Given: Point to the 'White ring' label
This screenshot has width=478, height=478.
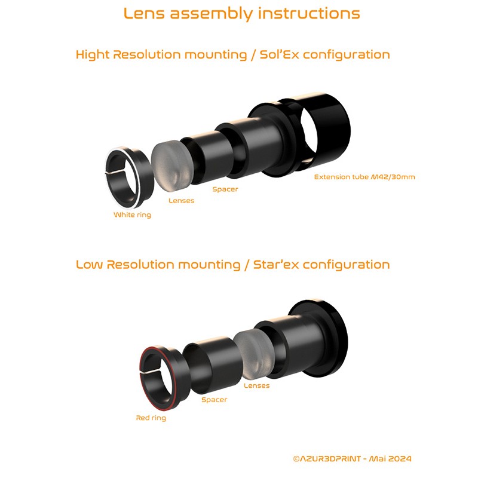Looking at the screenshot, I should click(132, 215).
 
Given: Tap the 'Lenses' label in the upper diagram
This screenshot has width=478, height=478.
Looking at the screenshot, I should click(181, 201).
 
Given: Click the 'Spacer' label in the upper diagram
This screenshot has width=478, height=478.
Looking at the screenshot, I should click(225, 189).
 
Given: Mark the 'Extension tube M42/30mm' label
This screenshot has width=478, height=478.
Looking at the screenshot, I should click(365, 177).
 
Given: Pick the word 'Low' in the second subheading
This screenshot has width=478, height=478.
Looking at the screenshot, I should click(89, 265).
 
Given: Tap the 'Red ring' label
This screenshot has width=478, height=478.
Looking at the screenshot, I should click(151, 418).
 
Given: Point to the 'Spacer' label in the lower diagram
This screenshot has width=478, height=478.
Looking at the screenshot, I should click(214, 400).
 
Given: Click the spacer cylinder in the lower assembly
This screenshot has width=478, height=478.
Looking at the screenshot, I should click(209, 364).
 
